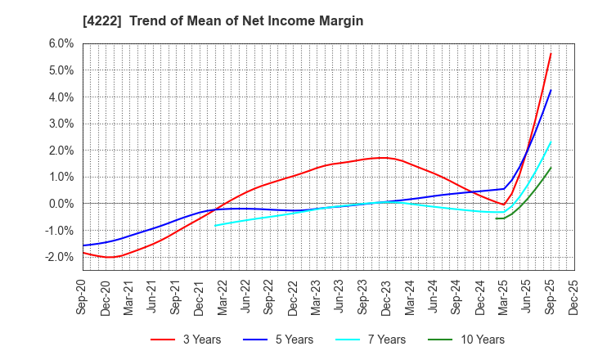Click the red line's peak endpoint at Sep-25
click(551, 54)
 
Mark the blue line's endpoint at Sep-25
click(551, 90)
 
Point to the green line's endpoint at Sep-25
click(551, 168)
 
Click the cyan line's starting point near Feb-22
click(214, 225)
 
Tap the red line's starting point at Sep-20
click(83, 252)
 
